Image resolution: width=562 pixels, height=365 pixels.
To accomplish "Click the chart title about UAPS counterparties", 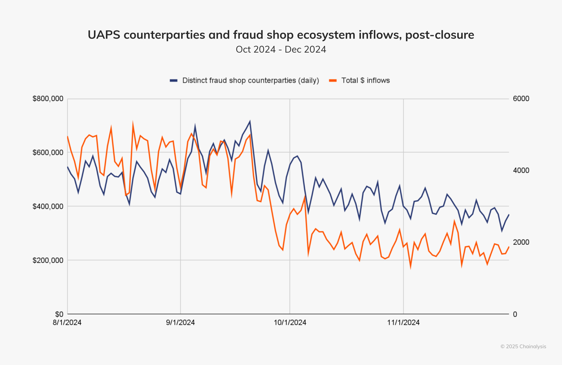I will coord(281,35).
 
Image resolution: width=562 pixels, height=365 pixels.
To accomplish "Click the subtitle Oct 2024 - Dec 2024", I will coord(281,49).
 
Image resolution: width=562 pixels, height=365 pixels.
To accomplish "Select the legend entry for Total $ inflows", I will coord(365,80).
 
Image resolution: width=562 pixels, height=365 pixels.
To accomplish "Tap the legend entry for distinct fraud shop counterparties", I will coord(250,80).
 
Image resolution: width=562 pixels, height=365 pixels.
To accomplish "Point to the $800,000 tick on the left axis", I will coord(48,99).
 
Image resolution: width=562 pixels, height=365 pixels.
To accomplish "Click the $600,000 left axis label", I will coord(48,152).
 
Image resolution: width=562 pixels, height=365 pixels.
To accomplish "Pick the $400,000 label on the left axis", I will coord(48,206).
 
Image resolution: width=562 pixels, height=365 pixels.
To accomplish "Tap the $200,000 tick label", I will coord(48,260).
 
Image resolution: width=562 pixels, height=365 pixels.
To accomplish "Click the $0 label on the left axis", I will coord(59,314).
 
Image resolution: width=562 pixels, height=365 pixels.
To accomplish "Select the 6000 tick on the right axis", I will coord(521,99).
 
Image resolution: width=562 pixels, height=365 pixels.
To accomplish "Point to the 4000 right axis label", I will coord(521,170).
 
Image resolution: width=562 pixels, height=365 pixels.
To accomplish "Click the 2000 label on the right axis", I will coord(521,242).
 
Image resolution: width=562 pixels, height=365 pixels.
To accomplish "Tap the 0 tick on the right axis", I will coord(515,314).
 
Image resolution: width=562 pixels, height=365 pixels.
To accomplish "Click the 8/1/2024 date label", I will coord(67,322).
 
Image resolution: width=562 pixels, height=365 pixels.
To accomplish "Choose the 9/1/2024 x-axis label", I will coord(180,322).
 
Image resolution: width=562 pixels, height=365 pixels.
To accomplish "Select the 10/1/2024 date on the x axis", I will coord(290,322).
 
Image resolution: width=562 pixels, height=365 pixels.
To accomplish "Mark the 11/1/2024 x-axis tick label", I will coord(403,322).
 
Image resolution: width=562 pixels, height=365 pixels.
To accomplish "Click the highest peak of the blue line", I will coord(250,121).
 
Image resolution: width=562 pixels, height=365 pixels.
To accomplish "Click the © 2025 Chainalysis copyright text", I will coord(523,347).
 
